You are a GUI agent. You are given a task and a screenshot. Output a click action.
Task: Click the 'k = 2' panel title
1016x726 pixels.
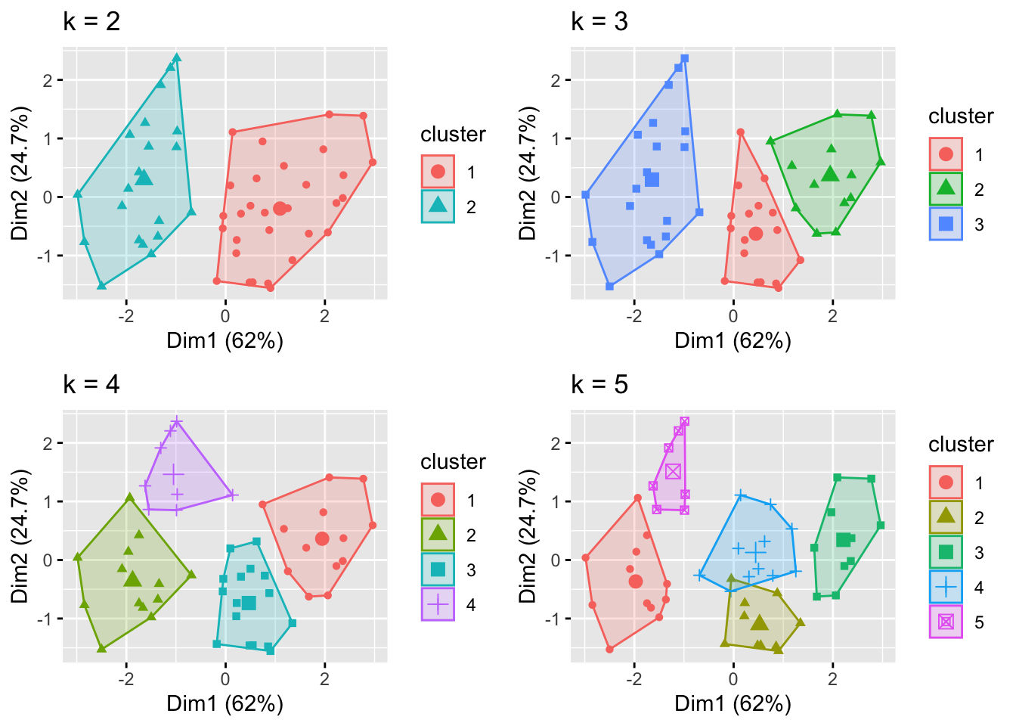(91, 22)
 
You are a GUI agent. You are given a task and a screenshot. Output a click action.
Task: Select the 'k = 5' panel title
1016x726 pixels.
(599, 385)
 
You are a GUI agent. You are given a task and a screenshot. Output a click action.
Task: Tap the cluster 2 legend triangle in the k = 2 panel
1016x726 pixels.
(438, 206)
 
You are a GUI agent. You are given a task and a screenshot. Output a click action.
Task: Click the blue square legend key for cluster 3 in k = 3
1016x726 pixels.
(946, 224)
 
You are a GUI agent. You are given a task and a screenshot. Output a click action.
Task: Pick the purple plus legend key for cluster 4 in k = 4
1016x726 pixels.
(438, 604)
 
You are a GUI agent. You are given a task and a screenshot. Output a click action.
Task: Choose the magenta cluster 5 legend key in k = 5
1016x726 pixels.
(946, 622)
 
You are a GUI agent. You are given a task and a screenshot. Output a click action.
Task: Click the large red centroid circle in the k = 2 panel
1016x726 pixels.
(280, 208)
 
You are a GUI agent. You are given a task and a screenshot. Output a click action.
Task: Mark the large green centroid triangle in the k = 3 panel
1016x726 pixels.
(830, 174)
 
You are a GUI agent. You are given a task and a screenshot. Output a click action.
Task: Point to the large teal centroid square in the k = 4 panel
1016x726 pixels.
(249, 603)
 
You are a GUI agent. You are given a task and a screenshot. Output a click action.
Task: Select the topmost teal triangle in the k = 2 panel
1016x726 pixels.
(176, 57)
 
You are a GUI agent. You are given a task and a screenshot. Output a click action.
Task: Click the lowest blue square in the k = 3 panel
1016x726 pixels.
(609, 286)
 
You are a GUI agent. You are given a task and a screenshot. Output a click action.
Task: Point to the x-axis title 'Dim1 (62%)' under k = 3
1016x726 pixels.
(733, 341)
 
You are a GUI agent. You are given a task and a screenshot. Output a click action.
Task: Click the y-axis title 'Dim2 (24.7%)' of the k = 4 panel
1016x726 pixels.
(20, 537)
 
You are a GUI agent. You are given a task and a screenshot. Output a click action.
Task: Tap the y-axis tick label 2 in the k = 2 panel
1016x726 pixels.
(48, 80)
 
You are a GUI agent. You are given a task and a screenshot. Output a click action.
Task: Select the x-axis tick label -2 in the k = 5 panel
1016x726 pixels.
(633, 679)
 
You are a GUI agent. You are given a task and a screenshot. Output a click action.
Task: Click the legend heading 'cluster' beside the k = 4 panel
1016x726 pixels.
(453, 462)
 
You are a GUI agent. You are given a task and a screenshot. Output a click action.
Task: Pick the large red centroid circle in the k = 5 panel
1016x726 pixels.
(635, 581)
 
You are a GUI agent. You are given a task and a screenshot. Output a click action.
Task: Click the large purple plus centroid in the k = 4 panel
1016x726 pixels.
(174, 475)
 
